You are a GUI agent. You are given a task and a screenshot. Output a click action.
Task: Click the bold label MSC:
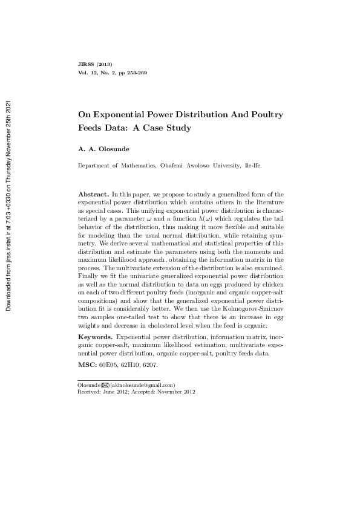coord(88,365)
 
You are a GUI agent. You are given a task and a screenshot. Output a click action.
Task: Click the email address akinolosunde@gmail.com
coord(143,384)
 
